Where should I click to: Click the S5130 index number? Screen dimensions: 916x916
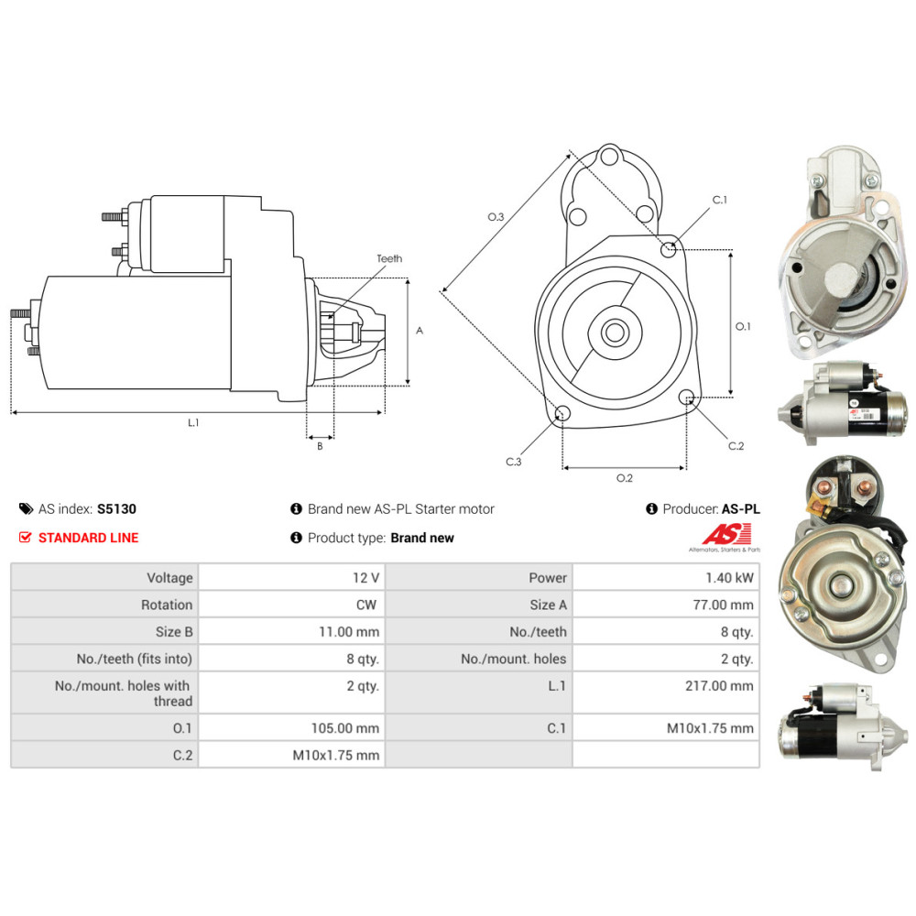coord(116,508)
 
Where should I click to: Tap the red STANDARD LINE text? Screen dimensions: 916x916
coord(88,538)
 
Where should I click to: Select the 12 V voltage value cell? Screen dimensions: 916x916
coord(365,578)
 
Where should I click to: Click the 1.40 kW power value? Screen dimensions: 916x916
coord(729,578)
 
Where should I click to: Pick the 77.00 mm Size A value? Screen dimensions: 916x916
coord(724,605)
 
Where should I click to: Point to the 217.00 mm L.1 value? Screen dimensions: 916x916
coord(719,686)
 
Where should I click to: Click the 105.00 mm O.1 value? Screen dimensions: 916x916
coord(344,728)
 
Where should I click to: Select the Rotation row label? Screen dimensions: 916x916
coord(167,605)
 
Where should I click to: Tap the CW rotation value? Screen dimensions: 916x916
coord(366,605)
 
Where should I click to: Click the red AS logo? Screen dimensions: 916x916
coord(726,534)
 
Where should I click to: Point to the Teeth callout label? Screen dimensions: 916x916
coord(389,258)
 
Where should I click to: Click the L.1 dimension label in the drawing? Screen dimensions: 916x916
coord(193,422)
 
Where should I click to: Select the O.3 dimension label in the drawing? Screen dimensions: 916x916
coord(496,217)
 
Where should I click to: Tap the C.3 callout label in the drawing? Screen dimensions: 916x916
coord(514,462)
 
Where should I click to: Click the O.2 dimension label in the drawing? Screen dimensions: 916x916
coord(625,478)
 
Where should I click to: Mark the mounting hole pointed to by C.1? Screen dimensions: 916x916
coord(669,250)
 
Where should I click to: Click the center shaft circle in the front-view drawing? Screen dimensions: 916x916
coord(615,333)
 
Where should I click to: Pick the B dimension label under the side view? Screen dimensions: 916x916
coord(320,446)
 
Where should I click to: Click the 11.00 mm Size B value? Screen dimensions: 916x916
coord(349,631)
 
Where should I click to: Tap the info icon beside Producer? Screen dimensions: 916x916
coord(652,508)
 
